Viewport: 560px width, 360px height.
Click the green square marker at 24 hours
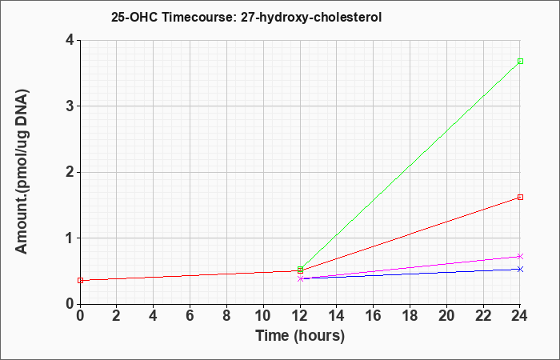tap(520, 61)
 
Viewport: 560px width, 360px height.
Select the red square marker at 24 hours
tap(520, 197)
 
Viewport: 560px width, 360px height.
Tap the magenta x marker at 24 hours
tap(520, 257)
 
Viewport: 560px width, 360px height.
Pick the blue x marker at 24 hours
tap(520, 269)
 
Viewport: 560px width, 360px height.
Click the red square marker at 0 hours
tap(80, 280)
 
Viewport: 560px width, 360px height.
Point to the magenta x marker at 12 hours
tap(300, 278)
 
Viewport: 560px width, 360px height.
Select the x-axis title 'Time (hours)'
tap(300, 336)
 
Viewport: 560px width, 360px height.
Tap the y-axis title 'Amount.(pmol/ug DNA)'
tap(22, 172)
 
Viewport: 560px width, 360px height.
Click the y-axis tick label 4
tap(70, 40)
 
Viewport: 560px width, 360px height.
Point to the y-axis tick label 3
tap(70, 106)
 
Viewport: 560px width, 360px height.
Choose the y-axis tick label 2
tap(70, 172)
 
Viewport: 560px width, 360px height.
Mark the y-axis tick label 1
tap(70, 238)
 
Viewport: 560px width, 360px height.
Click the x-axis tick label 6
tap(190, 316)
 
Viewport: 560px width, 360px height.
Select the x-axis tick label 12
tap(300, 316)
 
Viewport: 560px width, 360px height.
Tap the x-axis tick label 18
tap(410, 316)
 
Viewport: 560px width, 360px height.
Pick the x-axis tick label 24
tap(520, 316)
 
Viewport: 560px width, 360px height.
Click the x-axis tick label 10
tap(263, 316)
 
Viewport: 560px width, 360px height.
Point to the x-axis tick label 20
tap(446, 316)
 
